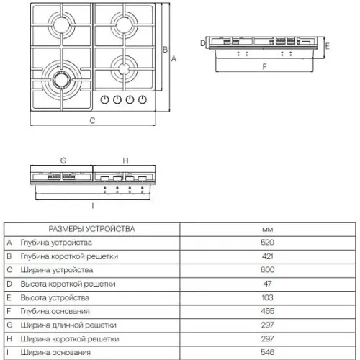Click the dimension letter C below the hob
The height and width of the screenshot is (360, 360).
(92, 120)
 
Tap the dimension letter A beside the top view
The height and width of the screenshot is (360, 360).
(174, 58)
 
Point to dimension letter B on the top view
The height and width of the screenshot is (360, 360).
(165, 50)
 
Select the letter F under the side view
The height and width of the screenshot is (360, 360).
(264, 66)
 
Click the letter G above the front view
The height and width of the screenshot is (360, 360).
(63, 161)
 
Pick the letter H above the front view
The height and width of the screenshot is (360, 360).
(125, 161)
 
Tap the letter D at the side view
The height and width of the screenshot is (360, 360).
(203, 43)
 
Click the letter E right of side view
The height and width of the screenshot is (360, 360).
(327, 46)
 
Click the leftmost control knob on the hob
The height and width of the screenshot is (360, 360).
(104, 99)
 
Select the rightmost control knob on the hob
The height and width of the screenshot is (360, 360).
(143, 99)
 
